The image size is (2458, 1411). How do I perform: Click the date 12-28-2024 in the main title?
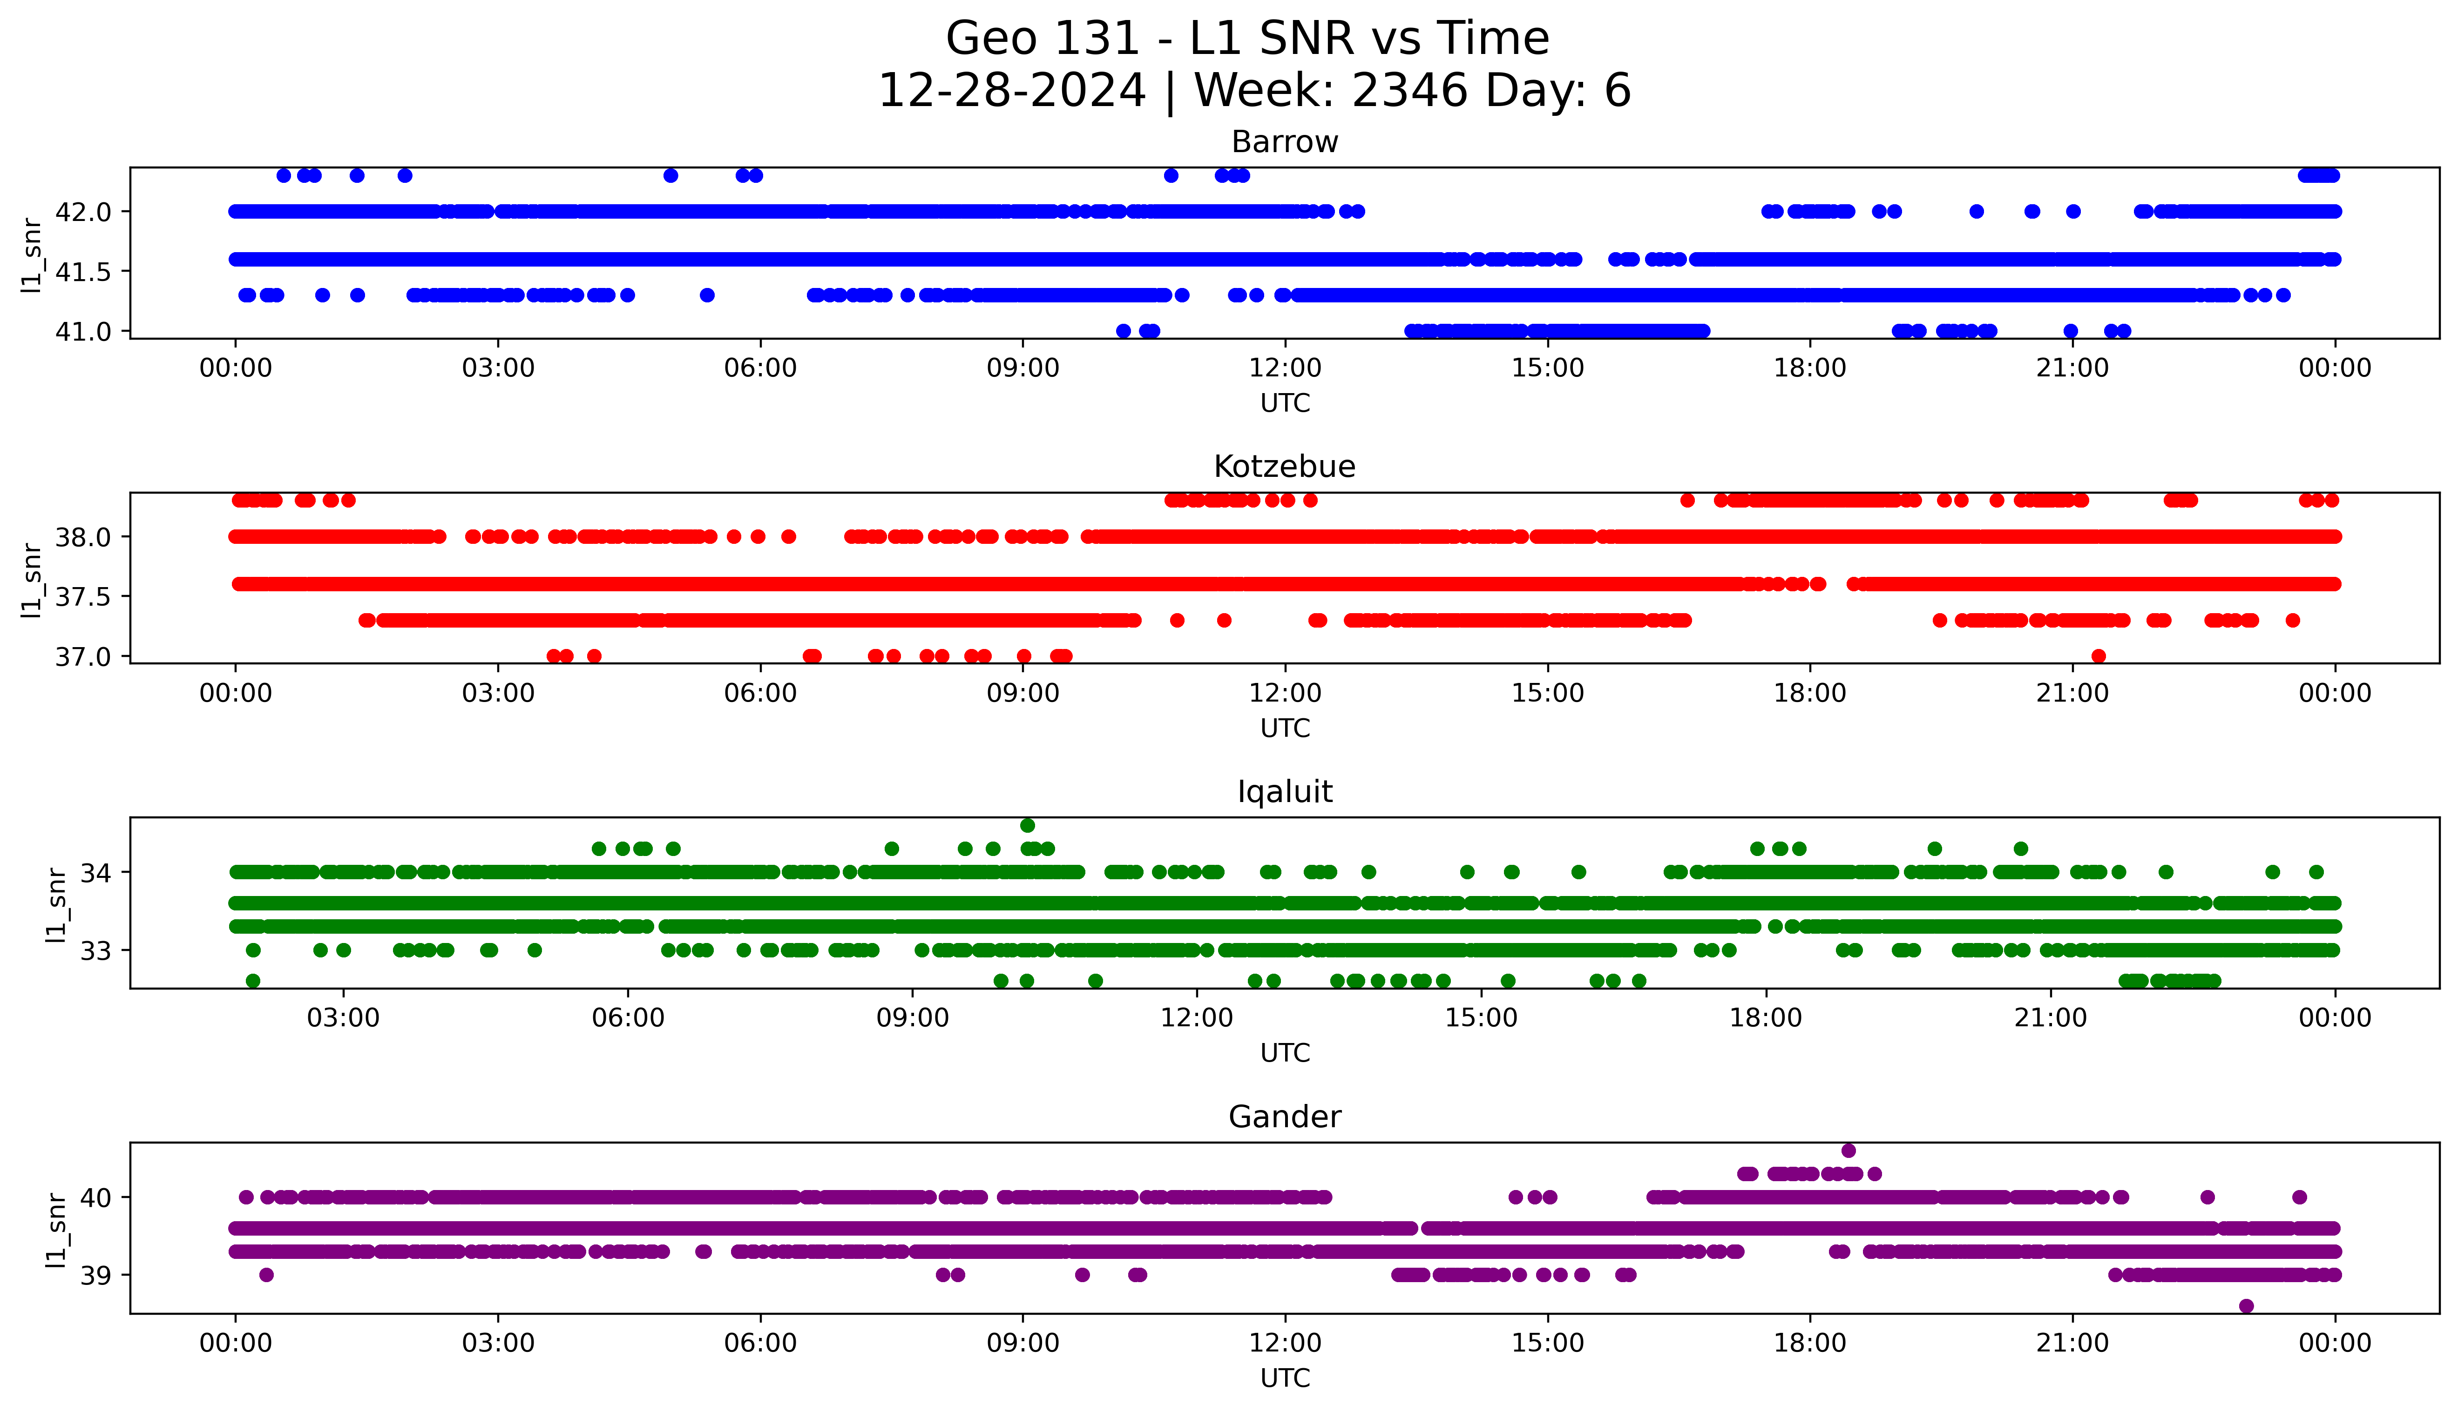[1011, 91]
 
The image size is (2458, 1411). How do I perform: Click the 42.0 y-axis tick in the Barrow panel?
[83, 211]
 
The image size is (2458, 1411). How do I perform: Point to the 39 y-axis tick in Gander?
[95, 1275]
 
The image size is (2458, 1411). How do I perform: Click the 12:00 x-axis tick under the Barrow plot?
[1285, 368]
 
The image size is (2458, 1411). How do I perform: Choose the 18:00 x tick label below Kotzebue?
[1809, 693]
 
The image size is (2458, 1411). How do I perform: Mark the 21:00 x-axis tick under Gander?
[2072, 1343]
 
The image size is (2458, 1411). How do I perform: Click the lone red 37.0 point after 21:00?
[2098, 656]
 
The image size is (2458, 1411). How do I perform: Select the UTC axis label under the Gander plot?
[1285, 1377]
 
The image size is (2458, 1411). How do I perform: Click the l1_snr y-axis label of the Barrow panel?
[32, 255]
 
